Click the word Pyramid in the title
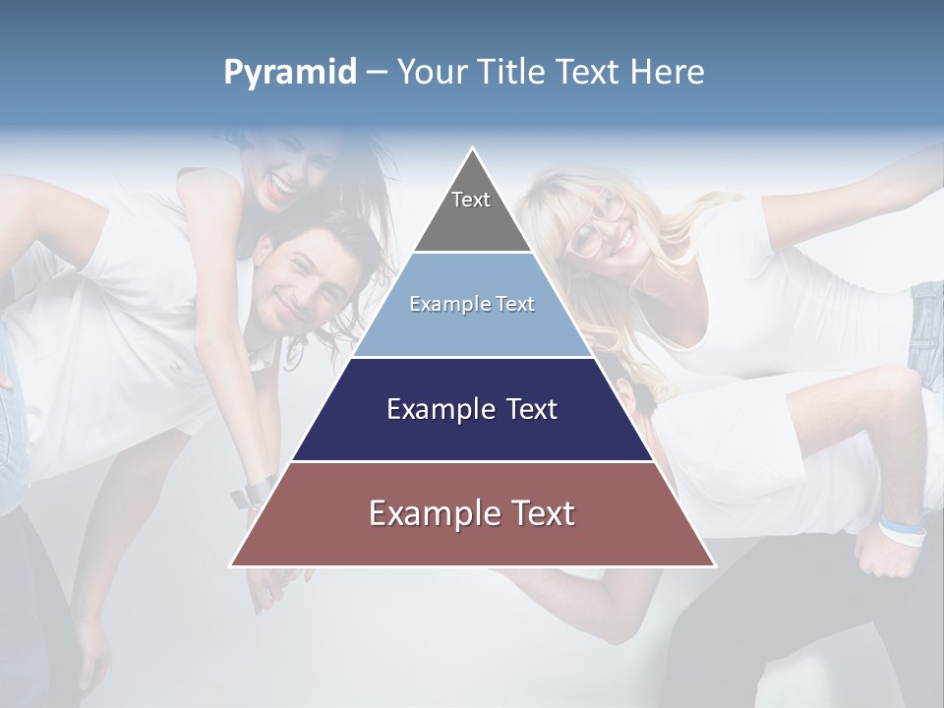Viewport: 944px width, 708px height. click(289, 73)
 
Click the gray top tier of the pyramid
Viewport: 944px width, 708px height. click(472, 211)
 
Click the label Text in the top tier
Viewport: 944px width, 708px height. click(471, 200)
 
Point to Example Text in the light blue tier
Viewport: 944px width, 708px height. click(472, 304)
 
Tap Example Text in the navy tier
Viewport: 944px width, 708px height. click(472, 409)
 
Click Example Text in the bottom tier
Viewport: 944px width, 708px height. click(472, 513)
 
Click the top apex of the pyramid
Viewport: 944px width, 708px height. click(473, 149)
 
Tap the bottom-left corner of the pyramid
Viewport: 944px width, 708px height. click(232, 565)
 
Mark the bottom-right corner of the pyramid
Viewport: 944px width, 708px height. click(714, 565)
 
